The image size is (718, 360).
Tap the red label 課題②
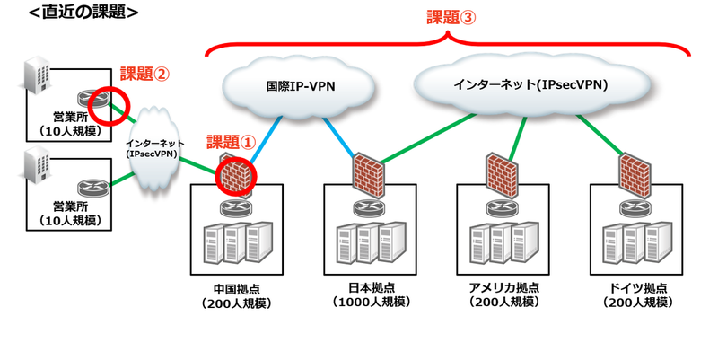tap(145, 75)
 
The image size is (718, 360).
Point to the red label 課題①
tap(232, 142)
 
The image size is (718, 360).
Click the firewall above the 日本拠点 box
tap(365, 171)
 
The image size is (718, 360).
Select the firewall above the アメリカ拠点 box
tap(500, 171)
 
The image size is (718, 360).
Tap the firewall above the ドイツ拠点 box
tap(635, 171)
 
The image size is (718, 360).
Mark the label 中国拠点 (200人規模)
tap(236, 295)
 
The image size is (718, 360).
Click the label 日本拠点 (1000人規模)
tap(371, 295)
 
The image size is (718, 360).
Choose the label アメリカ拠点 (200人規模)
tap(503, 295)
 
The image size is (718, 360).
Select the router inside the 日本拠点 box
tap(369, 206)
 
